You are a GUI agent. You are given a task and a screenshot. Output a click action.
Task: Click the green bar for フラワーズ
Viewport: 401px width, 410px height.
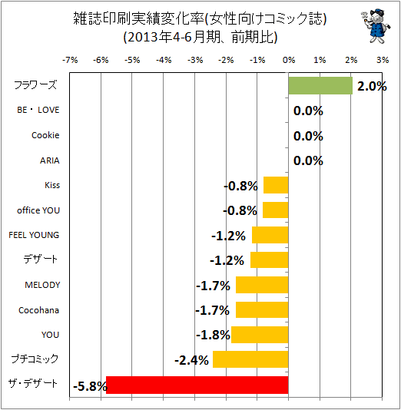[320, 86]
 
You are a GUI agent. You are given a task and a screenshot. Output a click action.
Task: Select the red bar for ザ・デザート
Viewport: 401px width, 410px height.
[197, 385]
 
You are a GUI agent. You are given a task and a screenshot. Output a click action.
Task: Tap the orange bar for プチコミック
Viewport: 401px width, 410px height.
[250, 359]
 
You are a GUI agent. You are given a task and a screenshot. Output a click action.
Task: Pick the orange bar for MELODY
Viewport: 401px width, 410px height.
[262, 285]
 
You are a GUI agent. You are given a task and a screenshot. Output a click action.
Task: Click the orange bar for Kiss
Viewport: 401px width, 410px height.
[276, 185]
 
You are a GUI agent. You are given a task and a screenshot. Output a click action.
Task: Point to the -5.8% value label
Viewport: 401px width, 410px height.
[90, 386]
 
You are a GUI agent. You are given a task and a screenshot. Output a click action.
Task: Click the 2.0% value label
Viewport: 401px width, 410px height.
[372, 86]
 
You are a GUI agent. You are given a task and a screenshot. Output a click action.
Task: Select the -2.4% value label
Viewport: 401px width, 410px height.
[192, 361]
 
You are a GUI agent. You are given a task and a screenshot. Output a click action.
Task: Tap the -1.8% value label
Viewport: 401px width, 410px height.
[214, 335]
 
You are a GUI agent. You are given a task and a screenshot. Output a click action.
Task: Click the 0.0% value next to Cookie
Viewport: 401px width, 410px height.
[308, 136]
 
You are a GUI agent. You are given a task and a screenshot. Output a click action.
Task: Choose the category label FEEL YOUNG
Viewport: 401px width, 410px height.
[34, 235]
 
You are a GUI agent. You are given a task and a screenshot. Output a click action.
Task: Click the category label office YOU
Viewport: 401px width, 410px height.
[38, 210]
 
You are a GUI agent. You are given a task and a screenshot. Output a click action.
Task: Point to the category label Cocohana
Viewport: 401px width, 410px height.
[39, 310]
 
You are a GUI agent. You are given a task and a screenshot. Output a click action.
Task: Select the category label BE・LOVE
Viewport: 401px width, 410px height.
[38, 110]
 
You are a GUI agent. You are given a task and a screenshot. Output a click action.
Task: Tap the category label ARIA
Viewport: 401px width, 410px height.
[50, 160]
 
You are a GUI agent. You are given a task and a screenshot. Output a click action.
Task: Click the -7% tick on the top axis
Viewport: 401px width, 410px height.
[70, 61]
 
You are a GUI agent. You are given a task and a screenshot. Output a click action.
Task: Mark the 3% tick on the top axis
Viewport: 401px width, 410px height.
[383, 61]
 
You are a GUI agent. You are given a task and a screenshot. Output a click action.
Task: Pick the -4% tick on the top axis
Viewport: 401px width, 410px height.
[164, 61]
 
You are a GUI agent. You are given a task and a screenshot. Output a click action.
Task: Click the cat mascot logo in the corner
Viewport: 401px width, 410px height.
[376, 25]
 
